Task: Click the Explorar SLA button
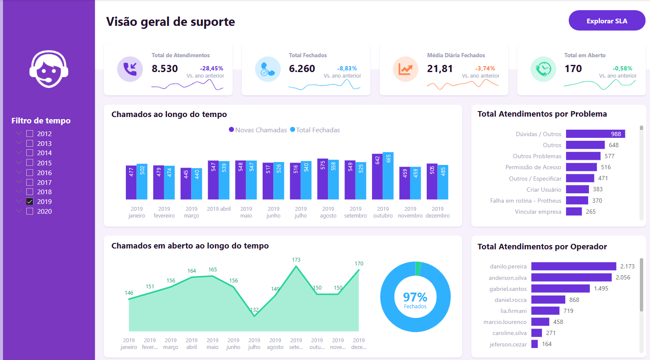tap(607, 21)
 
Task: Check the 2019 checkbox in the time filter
tap(30, 202)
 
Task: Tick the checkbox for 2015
tap(30, 163)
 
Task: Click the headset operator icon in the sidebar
tap(49, 69)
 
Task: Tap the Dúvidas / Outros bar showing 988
tap(595, 134)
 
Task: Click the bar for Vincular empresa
tap(574, 212)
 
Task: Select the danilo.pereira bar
tap(573, 266)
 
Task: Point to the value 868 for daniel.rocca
tap(574, 300)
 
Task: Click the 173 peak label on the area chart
tap(296, 260)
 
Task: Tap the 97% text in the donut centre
tap(415, 296)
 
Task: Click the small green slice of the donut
tap(418, 268)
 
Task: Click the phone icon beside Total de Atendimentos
tap(130, 69)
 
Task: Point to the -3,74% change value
tap(485, 68)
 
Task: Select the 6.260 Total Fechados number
tap(302, 69)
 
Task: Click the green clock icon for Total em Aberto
tap(543, 69)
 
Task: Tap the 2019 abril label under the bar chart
tap(219, 209)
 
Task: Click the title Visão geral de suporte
tap(170, 22)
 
